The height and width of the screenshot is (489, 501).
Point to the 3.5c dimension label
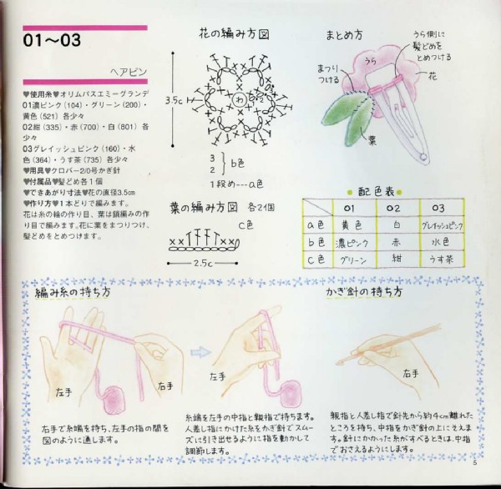[x=175, y=100]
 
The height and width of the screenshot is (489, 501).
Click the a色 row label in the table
[x=316, y=224]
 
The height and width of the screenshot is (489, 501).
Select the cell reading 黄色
[x=352, y=224]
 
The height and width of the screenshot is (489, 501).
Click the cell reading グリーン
[x=352, y=260]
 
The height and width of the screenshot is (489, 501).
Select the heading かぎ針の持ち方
[x=358, y=293]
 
